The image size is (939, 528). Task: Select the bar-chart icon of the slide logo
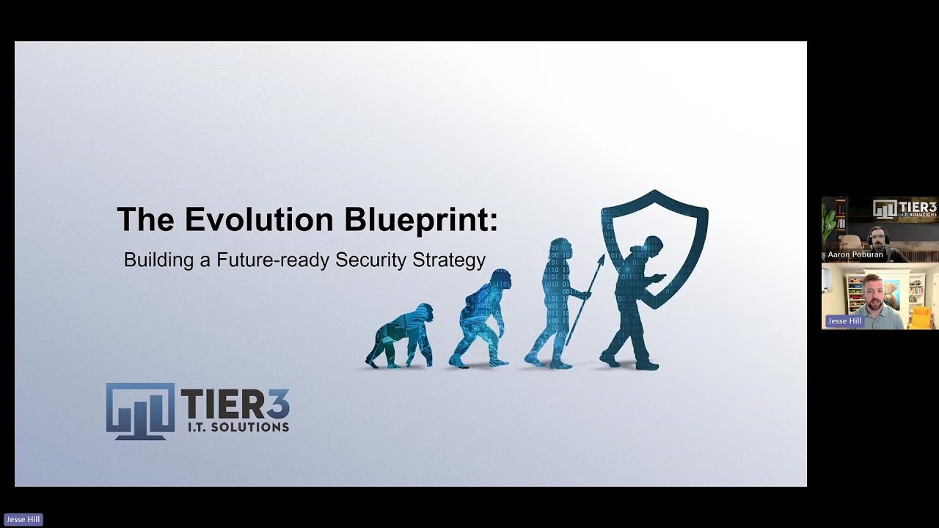click(x=140, y=411)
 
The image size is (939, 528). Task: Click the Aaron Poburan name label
click(x=855, y=254)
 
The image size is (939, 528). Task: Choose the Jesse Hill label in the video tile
click(x=844, y=321)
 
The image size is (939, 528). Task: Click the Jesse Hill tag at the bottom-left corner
click(x=23, y=519)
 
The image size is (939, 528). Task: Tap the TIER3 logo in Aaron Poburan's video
click(x=905, y=209)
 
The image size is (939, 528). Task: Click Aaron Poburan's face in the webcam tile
click(x=878, y=237)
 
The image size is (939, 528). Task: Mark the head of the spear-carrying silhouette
click(x=561, y=248)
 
